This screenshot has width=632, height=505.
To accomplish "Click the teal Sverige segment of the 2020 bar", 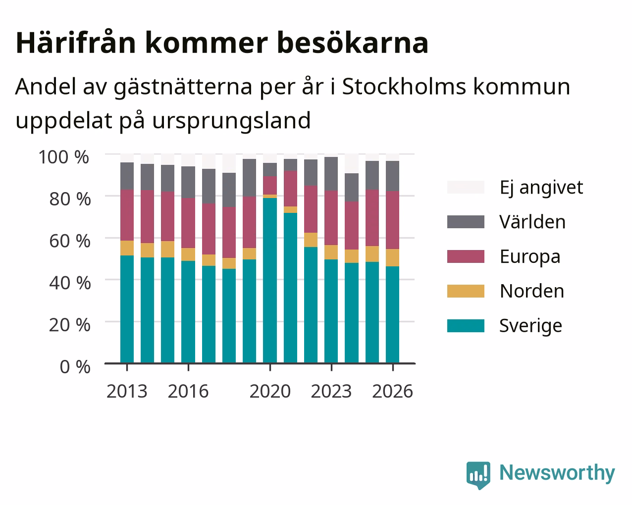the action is pyautogui.click(x=270, y=281).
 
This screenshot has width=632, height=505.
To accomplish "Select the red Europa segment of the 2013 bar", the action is pyautogui.click(x=127, y=215).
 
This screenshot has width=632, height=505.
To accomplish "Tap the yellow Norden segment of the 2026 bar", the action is pyautogui.click(x=392, y=258).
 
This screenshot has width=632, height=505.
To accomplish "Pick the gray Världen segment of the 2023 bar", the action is pyautogui.click(x=331, y=174).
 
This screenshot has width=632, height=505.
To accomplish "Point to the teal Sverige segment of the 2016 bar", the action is pyautogui.click(x=188, y=312).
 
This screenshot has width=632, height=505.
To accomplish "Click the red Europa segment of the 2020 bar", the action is pyautogui.click(x=270, y=185).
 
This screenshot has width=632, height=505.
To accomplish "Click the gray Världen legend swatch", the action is pyautogui.click(x=466, y=222).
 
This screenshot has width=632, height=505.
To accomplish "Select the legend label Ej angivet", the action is pyautogui.click(x=541, y=187).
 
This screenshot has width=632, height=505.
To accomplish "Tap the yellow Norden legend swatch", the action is pyautogui.click(x=466, y=291).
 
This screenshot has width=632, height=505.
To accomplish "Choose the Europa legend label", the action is pyautogui.click(x=530, y=257).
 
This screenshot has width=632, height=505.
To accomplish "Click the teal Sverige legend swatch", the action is pyautogui.click(x=466, y=326).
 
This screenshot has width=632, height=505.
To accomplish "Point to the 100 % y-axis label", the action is pyautogui.click(x=64, y=157).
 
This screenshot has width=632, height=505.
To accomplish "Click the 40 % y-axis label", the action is pyautogui.click(x=70, y=283).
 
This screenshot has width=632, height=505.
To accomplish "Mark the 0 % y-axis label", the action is pyautogui.click(x=75, y=367).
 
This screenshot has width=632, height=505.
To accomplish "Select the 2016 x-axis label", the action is pyautogui.click(x=188, y=391).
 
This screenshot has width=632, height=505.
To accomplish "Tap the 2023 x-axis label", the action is pyautogui.click(x=331, y=391).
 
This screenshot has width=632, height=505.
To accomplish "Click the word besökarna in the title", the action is pyautogui.click(x=353, y=43).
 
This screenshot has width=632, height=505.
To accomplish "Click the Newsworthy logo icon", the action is pyautogui.click(x=478, y=475).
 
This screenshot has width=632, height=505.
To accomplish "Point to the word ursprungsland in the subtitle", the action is pyautogui.click(x=231, y=121).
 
